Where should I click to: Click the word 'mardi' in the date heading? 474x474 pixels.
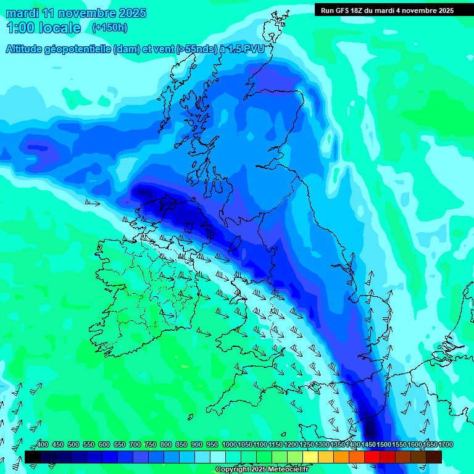(x=22, y=12)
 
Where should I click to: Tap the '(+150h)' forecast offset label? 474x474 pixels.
(x=110, y=27)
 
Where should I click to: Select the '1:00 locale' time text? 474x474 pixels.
(x=43, y=28)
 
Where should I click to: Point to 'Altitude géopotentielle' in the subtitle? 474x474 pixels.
(x=59, y=49)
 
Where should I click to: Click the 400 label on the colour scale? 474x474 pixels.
(x=43, y=444)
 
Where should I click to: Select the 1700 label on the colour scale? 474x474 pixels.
(x=430, y=444)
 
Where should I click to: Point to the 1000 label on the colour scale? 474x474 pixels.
(x=230, y=444)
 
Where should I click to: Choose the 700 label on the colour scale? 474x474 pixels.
(x=135, y=444)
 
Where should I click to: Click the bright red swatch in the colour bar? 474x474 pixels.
(x=372, y=457)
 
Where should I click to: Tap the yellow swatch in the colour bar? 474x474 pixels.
(x=310, y=457)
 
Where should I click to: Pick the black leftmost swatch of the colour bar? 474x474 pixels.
(x=33, y=457)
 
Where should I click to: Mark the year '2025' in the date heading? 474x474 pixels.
(x=131, y=12)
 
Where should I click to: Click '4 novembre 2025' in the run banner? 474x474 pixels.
(x=420, y=10)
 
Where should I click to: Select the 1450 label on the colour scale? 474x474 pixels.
(x=368, y=444)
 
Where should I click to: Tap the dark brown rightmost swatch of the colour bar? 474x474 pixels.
(x=434, y=457)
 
